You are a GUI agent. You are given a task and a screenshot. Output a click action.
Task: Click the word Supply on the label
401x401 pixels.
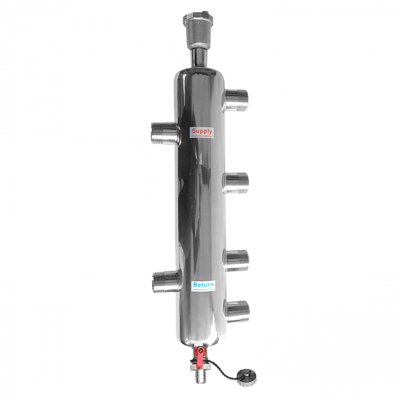click(202, 132)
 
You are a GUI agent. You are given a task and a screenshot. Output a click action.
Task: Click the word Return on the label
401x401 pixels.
click(203, 285)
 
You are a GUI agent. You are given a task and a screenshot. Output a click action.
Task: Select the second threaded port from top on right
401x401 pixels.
click(236, 181)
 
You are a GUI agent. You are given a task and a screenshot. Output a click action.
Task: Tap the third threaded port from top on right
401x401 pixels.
click(237, 260)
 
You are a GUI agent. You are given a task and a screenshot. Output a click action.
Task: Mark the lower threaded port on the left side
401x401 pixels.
click(164, 281)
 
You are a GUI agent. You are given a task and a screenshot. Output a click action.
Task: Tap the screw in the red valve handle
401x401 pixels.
click(200, 350)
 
